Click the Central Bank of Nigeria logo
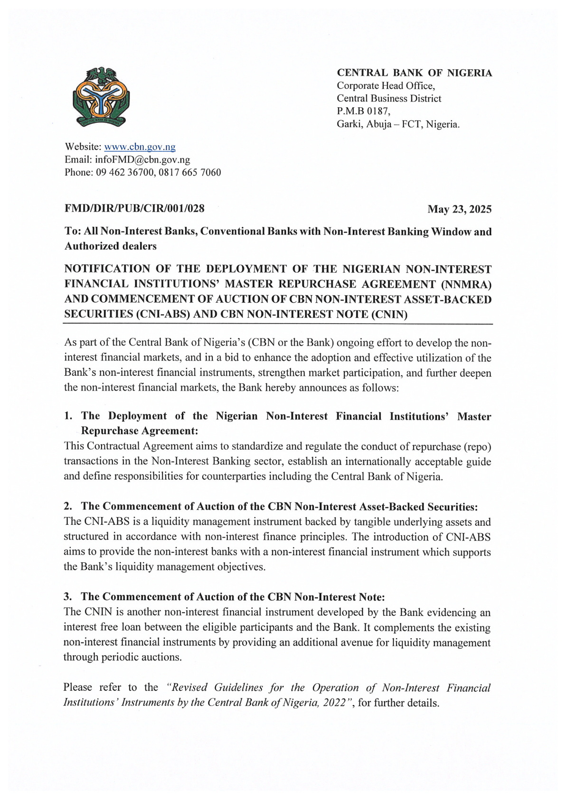(101, 97)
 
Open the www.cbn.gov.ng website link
(140, 147)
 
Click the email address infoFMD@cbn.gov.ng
(142, 160)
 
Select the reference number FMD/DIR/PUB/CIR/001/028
(134, 208)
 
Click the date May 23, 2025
(459, 209)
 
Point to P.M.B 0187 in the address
(363, 111)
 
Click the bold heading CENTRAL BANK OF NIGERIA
(414, 73)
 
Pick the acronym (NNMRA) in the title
(466, 284)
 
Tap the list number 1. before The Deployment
(68, 416)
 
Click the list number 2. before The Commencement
(68, 507)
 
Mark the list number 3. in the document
(68, 597)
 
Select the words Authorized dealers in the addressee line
(111, 246)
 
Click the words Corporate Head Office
(386, 86)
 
